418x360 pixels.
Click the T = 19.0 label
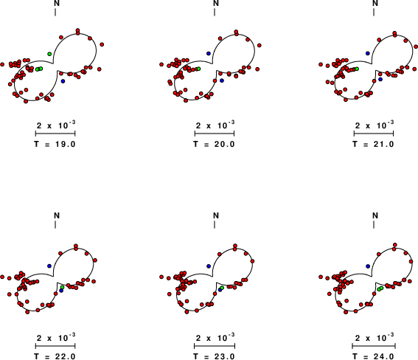coord(55,145)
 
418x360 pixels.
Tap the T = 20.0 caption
coord(214,145)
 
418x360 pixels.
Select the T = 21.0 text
coord(373,145)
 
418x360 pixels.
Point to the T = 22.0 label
coord(55,356)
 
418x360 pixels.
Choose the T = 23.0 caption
coord(214,356)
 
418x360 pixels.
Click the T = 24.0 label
coord(373,356)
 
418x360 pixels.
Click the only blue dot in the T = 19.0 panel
coord(63,81)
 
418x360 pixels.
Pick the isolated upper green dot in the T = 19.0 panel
coord(49,54)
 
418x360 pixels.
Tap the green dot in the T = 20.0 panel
coord(198,69)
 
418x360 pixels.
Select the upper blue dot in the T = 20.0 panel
coord(209,54)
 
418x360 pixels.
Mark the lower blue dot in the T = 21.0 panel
coord(380,79)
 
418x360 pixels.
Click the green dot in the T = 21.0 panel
coord(357,69)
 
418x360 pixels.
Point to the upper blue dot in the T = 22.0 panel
coord(49,266)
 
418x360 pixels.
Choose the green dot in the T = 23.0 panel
coord(222,288)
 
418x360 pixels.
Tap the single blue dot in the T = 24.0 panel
coord(368,266)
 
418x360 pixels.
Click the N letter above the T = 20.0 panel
coord(216,3)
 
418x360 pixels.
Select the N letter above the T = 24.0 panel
coord(375,215)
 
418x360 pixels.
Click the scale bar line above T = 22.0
coord(55,346)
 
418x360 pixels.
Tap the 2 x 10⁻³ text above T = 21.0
coord(375,125)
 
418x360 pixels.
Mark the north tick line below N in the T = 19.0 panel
coord(55,13)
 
